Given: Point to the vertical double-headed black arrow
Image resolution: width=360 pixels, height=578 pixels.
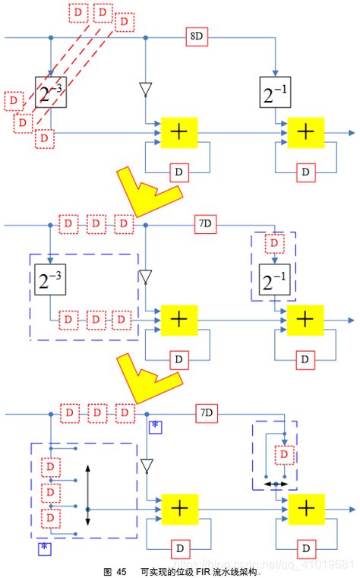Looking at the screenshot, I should pos(89,495).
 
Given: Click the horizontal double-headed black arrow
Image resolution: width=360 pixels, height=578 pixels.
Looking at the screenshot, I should pos(276,483).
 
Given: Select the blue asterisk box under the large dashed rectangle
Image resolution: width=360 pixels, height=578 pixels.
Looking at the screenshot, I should pos(44,547).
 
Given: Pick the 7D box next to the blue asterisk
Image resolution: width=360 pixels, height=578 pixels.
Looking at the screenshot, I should pos(204,413).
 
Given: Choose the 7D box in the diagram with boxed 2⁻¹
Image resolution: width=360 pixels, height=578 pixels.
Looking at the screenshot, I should pos(204,224).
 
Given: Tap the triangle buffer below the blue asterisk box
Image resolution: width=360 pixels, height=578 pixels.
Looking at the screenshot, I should pos(146,464).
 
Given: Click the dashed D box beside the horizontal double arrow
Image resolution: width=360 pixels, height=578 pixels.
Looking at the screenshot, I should pos(283,454).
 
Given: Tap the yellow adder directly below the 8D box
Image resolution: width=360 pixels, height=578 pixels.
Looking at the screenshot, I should pos(179,132).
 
